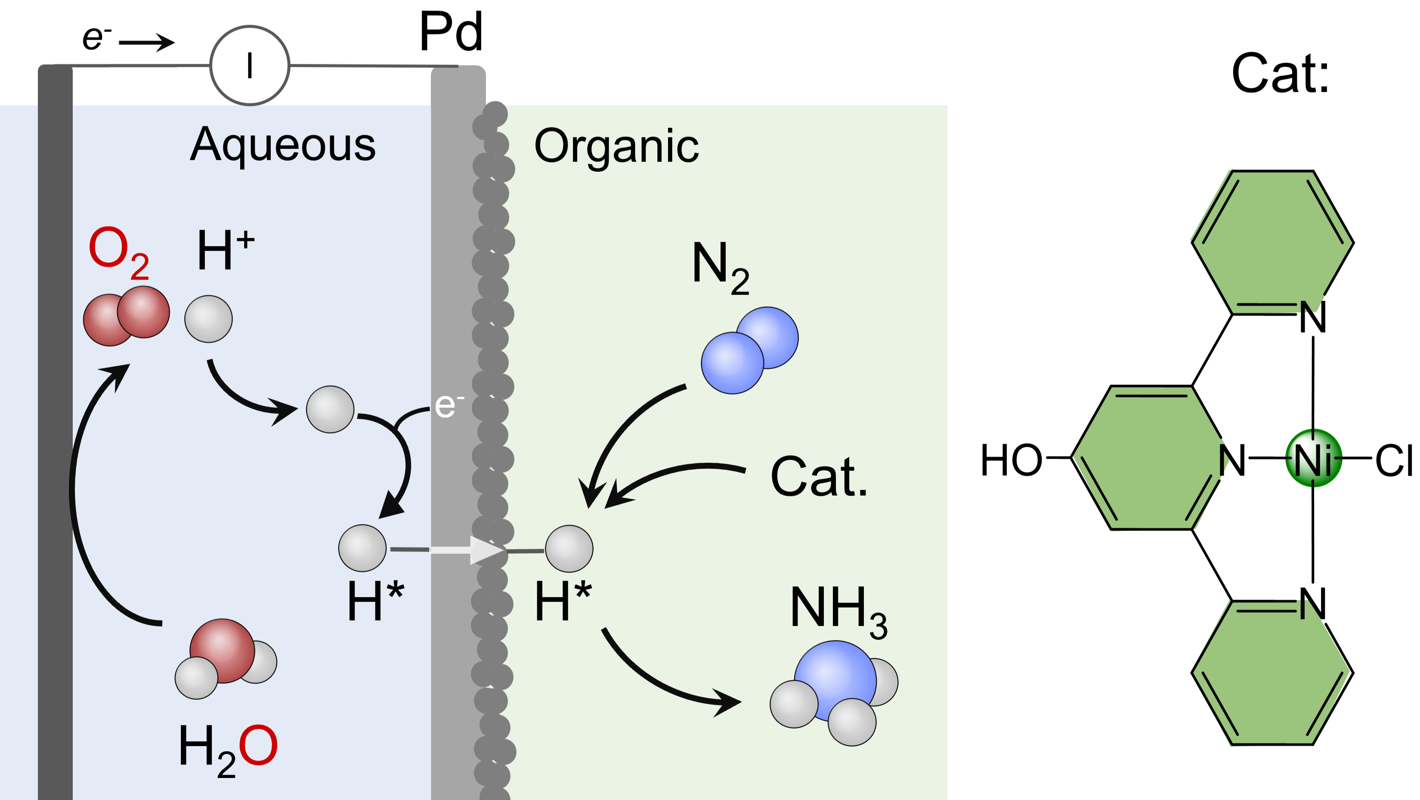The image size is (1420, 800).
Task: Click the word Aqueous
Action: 283,144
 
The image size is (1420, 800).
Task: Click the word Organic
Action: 616,146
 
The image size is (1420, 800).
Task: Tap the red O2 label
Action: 118,251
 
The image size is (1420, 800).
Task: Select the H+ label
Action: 226,251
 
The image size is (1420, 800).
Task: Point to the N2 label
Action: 720,267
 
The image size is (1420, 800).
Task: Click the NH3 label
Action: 838,611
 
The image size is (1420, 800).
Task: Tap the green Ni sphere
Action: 1314,458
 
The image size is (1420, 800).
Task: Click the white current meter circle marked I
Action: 250,65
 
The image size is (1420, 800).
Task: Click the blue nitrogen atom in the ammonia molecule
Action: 835,678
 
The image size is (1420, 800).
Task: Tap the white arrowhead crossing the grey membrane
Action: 485,550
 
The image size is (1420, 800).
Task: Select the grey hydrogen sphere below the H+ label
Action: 208,319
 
